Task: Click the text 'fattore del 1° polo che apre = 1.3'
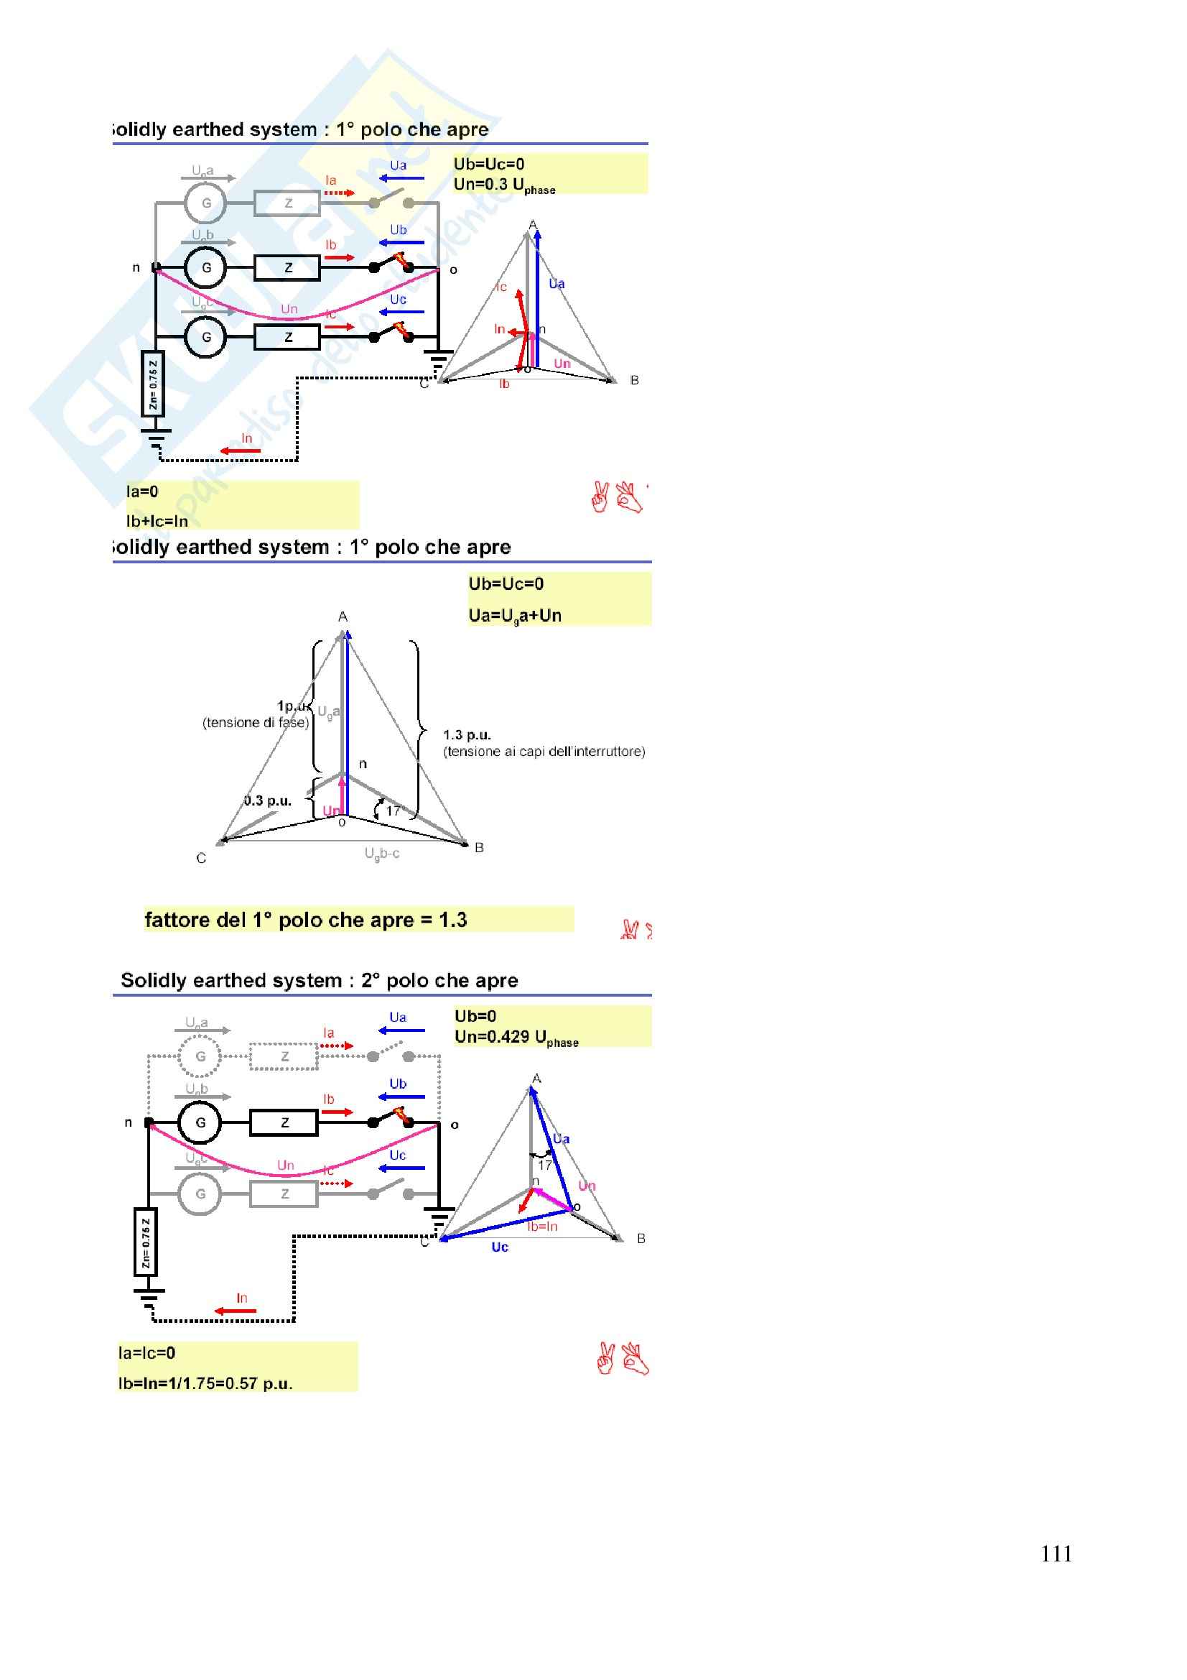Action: point(306,920)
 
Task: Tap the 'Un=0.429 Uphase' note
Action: point(516,1038)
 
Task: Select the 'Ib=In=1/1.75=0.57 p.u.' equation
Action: point(205,1384)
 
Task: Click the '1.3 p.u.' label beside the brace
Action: point(467,734)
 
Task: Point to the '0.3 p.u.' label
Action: point(268,800)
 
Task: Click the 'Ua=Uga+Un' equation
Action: point(515,615)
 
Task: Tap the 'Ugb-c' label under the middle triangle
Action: point(382,853)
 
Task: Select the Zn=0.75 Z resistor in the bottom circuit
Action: point(146,1242)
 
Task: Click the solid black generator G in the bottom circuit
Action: point(200,1122)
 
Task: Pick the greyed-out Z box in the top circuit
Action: point(287,203)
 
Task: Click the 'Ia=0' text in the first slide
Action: point(143,491)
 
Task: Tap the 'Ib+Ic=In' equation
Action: point(157,521)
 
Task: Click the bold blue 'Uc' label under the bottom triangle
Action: point(500,1247)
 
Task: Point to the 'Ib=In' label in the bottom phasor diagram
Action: point(542,1227)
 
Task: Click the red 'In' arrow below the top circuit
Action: point(241,450)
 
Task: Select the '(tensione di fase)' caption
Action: point(255,723)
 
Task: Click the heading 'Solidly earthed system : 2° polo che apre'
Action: point(320,981)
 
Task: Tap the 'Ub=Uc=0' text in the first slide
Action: point(488,164)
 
